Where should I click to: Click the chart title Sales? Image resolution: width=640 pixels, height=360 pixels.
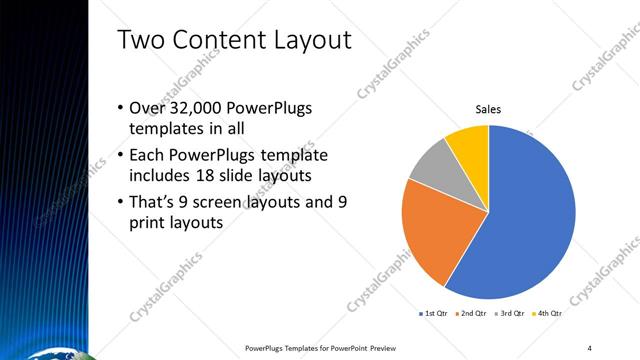click(487, 109)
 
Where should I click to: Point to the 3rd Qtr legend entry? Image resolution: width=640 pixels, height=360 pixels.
click(510, 313)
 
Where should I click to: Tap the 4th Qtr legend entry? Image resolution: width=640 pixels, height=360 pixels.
click(548, 313)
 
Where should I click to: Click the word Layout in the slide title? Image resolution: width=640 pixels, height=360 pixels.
click(309, 40)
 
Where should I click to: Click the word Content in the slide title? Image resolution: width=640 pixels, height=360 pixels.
click(211, 40)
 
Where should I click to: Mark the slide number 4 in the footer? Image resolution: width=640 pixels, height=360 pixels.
click(590, 348)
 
